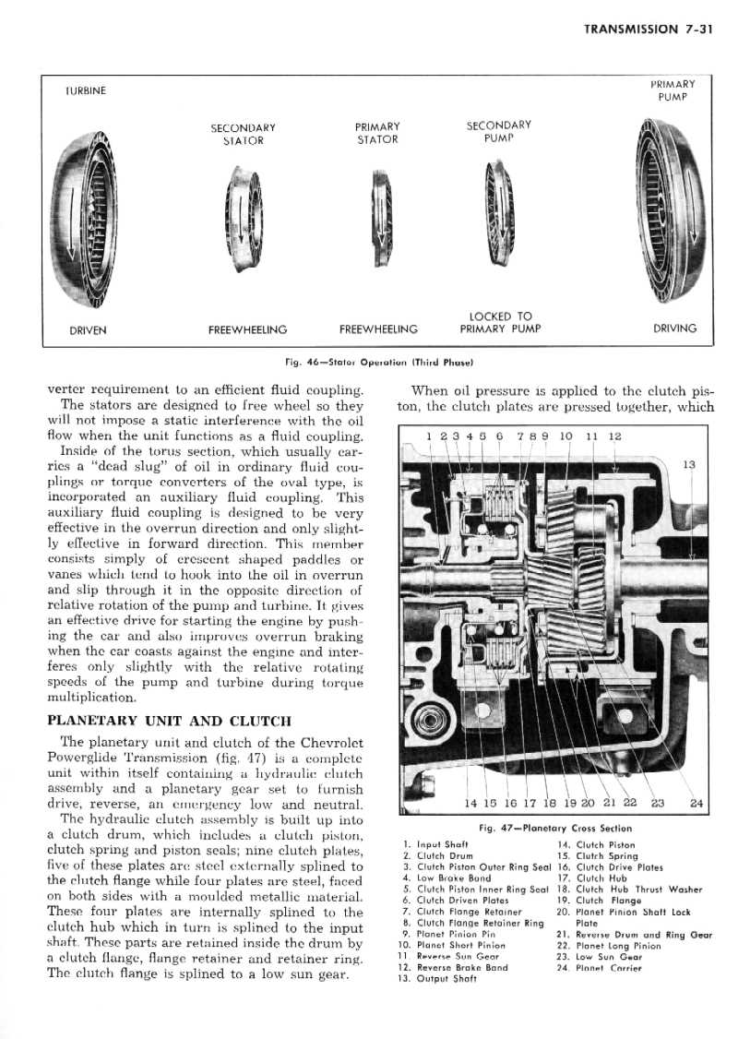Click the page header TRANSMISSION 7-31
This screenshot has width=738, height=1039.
tap(649, 29)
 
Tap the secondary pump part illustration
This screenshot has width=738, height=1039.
tap(498, 214)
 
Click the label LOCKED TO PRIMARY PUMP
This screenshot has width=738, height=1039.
tap(499, 321)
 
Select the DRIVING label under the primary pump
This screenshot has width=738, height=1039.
tap(675, 328)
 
